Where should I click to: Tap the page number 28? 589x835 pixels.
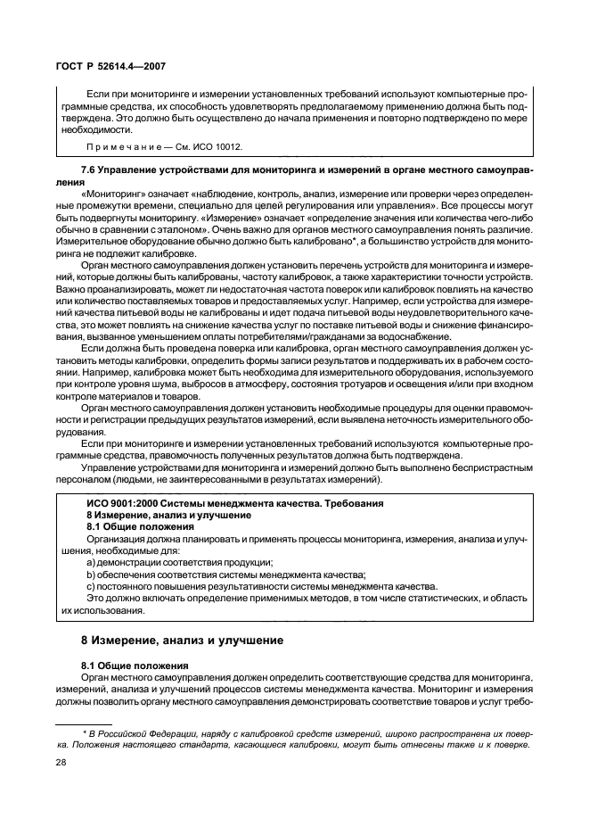pos(62,764)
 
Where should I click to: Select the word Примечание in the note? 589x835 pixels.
pos(120,145)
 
